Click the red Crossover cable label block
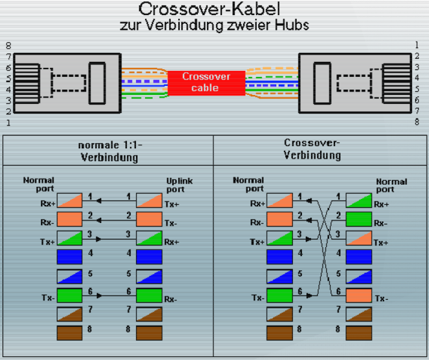pyautogui.click(x=206, y=82)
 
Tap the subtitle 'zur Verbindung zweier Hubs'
pyautogui.click(x=215, y=26)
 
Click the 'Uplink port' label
pyautogui.click(x=179, y=185)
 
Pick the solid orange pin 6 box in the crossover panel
pyautogui.click(x=358, y=296)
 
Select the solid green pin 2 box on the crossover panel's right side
pyautogui.click(x=358, y=218)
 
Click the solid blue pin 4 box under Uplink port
pyautogui.click(x=149, y=257)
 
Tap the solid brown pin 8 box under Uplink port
pyautogui.click(x=149, y=333)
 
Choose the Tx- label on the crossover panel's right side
pyautogui.click(x=381, y=298)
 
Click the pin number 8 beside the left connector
pyautogui.click(x=8, y=46)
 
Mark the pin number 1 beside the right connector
pyautogui.click(x=416, y=45)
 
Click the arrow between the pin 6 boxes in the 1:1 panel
pyautogui.click(x=113, y=295)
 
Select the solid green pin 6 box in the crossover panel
pyautogui.click(x=279, y=296)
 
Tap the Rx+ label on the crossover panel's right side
pyautogui.click(x=382, y=204)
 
